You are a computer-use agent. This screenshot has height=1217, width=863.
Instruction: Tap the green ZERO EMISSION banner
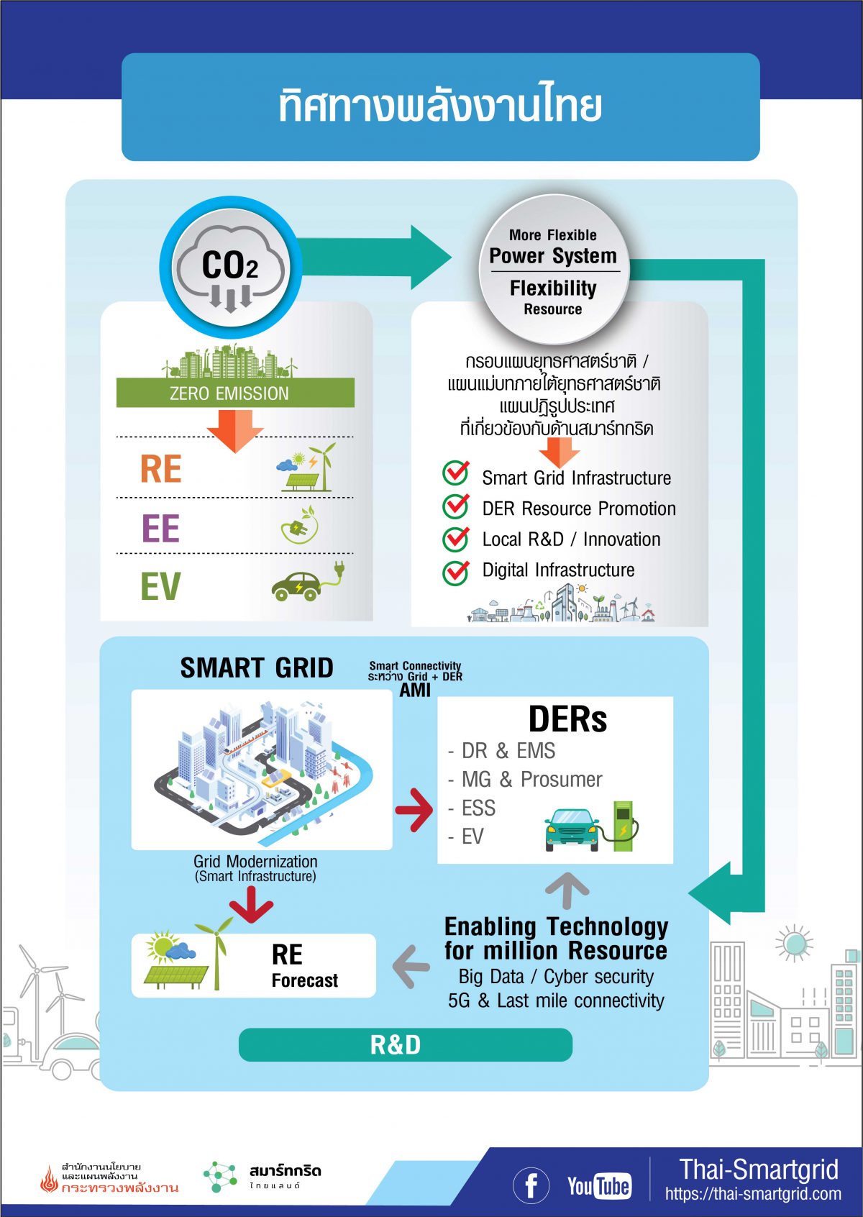pos(235,393)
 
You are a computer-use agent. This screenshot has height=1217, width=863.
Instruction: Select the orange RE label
pos(161,469)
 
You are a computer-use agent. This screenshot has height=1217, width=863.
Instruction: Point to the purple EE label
pos(160,529)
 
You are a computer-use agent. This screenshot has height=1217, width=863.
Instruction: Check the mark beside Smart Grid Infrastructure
pos(455,474)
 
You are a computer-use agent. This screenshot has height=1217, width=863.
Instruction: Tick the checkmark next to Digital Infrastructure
pos(455,571)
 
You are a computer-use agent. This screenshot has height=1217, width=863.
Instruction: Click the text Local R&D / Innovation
pos(571,539)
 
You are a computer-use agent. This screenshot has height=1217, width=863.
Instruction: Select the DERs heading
pos(567,719)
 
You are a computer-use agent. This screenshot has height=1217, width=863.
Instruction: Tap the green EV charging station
pos(623,826)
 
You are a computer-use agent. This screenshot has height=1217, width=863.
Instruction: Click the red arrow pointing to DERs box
pos(415,810)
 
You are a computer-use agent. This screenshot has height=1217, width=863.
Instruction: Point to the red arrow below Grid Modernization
pos(251,904)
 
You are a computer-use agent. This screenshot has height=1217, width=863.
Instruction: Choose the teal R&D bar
pos(405,1044)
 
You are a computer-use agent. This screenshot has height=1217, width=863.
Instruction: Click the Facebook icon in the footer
pos(531,1185)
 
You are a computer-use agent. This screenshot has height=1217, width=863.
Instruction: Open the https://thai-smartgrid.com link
pos(753,1195)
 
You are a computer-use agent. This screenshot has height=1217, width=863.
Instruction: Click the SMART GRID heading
pos(257,667)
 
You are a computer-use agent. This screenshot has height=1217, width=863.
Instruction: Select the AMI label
pos(415,690)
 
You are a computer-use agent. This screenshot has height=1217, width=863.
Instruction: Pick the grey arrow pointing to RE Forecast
pos(411,966)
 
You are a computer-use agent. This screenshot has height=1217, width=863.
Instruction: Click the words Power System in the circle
pos(553,256)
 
